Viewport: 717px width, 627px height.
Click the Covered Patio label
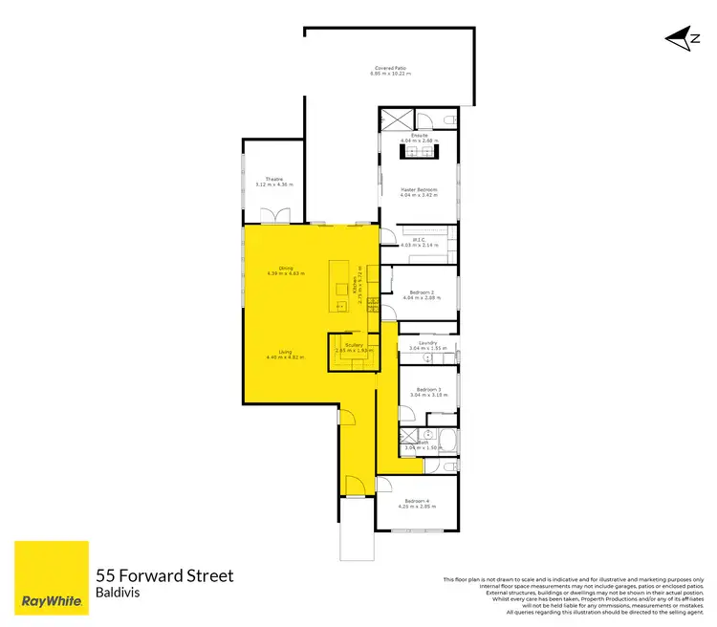[390, 68]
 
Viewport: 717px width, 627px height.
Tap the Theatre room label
[274, 179]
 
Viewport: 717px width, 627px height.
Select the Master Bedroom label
[419, 189]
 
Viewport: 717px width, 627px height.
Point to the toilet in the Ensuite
[446, 119]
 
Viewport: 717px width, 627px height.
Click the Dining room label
[285, 268]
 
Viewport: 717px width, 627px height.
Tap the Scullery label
[354, 345]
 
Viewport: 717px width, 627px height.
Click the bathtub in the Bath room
[445, 441]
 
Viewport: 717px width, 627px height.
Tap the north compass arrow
[680, 38]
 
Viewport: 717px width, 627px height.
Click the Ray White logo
[51, 579]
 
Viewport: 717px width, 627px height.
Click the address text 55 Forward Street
[164, 576]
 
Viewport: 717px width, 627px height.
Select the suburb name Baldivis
[120, 594]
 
